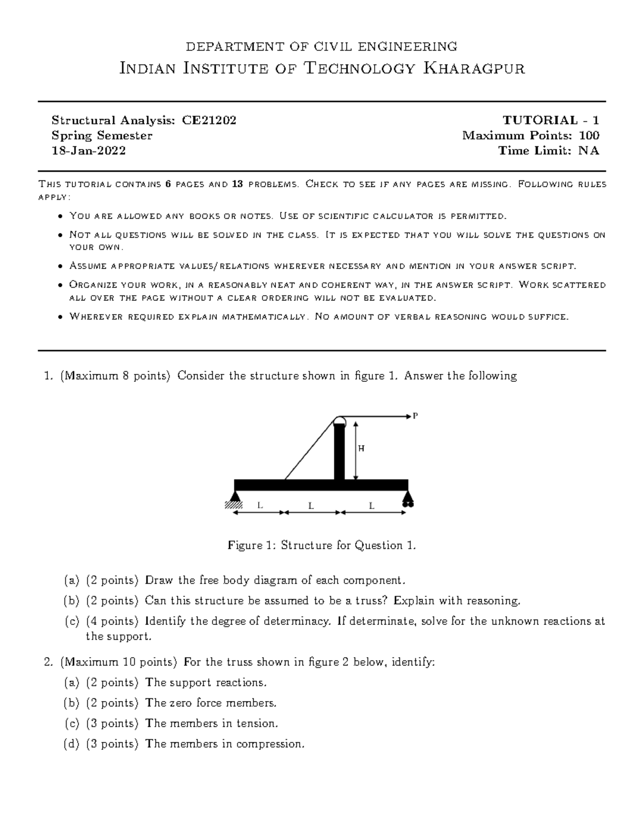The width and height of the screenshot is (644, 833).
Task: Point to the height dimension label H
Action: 361,449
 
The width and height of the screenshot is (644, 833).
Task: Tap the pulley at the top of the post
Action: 340,420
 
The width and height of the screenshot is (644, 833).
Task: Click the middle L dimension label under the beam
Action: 311,505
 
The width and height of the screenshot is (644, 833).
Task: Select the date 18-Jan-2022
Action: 89,151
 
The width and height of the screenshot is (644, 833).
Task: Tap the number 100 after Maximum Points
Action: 589,136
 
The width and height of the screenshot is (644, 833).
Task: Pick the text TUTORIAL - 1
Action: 551,120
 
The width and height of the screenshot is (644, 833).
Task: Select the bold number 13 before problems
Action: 237,185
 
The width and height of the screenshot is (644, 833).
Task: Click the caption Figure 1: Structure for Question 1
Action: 322,545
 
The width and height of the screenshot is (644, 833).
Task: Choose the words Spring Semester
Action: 102,136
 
